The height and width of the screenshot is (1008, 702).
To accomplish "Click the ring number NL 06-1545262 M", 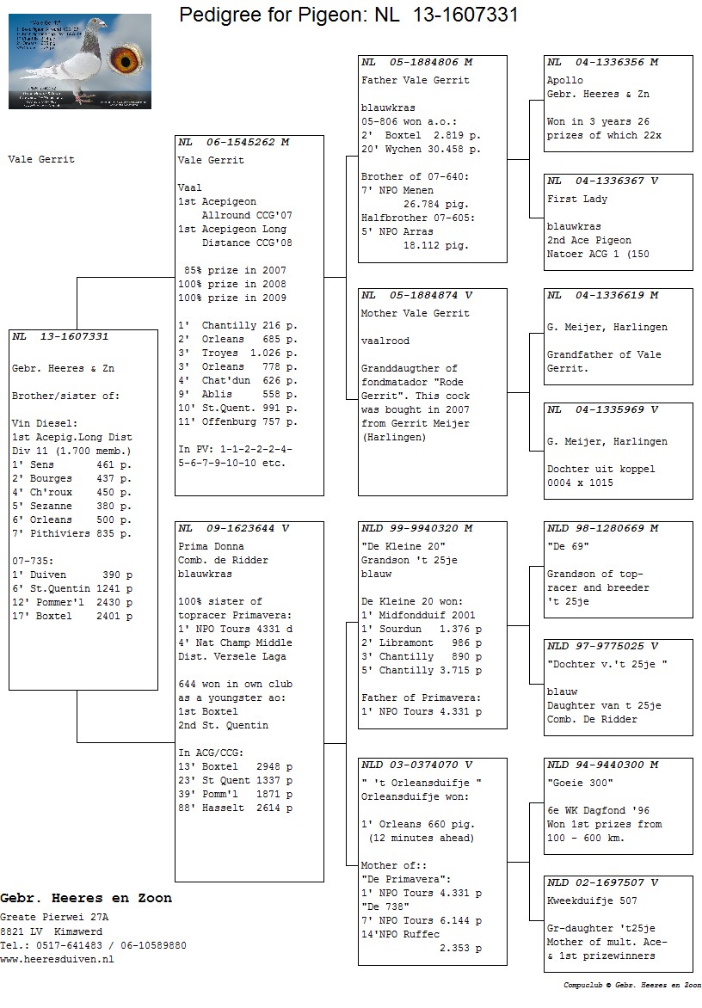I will [x=234, y=142].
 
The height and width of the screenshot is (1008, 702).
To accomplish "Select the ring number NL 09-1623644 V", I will [x=234, y=528].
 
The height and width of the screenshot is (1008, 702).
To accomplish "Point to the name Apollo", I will [x=564, y=80].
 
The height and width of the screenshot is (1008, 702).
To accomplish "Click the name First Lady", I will [x=576, y=199].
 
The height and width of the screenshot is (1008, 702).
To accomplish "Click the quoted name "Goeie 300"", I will [x=580, y=783].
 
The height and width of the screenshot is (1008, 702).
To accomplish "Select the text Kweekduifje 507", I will [x=592, y=900].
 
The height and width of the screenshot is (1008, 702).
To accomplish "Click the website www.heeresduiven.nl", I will [x=57, y=959].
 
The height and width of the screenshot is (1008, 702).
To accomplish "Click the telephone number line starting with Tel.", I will [x=93, y=945].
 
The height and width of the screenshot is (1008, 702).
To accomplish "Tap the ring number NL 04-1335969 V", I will [x=602, y=409].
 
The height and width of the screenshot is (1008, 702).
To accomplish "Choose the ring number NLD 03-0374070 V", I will [x=417, y=765].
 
